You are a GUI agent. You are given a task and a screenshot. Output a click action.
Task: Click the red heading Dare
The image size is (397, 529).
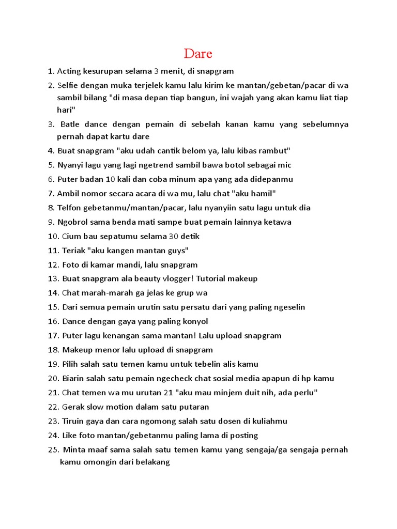pos(198,54)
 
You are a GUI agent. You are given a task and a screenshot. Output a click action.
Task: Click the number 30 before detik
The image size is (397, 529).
pos(174,236)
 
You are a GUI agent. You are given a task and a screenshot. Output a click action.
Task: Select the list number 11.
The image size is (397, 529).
pos(53,251)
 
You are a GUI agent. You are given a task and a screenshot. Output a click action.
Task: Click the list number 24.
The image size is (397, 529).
pos(53,435)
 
